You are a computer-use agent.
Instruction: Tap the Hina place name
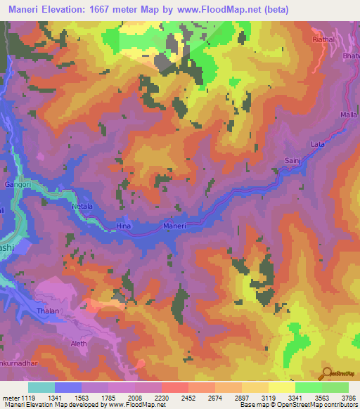click(124, 227)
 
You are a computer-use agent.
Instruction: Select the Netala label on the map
click(83, 207)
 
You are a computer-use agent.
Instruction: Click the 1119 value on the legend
click(28, 396)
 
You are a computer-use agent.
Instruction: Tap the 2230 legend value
click(161, 396)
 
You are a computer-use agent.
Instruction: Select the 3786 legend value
click(348, 396)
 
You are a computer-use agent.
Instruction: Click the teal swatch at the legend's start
click(41, 387)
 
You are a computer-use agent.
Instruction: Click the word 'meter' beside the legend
click(9, 396)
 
